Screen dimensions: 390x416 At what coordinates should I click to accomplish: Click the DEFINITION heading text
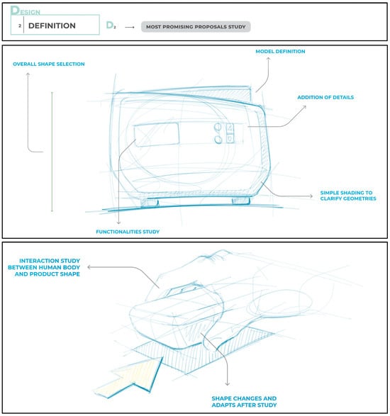point(52,26)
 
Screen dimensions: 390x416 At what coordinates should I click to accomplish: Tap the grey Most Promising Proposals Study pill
point(196,27)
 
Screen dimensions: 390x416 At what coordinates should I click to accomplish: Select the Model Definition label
point(280,52)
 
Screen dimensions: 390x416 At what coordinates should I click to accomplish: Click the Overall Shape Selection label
point(49,64)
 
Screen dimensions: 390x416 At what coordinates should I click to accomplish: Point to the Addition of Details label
point(325,97)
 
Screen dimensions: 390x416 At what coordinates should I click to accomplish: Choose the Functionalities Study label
point(128,232)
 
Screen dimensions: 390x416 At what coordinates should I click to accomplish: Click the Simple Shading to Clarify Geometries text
point(348,196)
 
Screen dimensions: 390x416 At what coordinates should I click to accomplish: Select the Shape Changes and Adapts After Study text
point(244,402)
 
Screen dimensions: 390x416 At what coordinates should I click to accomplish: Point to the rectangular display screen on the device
point(157,135)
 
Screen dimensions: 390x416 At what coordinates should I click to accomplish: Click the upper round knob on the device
point(218,127)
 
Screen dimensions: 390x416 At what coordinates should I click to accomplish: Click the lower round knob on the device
point(218,140)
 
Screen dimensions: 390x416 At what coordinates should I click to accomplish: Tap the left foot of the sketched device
point(150,203)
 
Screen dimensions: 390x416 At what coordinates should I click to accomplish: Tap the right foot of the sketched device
point(241,201)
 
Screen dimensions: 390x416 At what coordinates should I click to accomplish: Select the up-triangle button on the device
point(230,128)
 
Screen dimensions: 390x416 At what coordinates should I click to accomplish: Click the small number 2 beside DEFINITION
point(20,26)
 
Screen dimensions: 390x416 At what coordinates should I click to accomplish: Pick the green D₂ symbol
point(111,26)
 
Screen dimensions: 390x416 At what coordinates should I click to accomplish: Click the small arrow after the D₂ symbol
point(130,27)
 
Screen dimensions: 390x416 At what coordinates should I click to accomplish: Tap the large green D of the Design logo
point(15,10)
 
